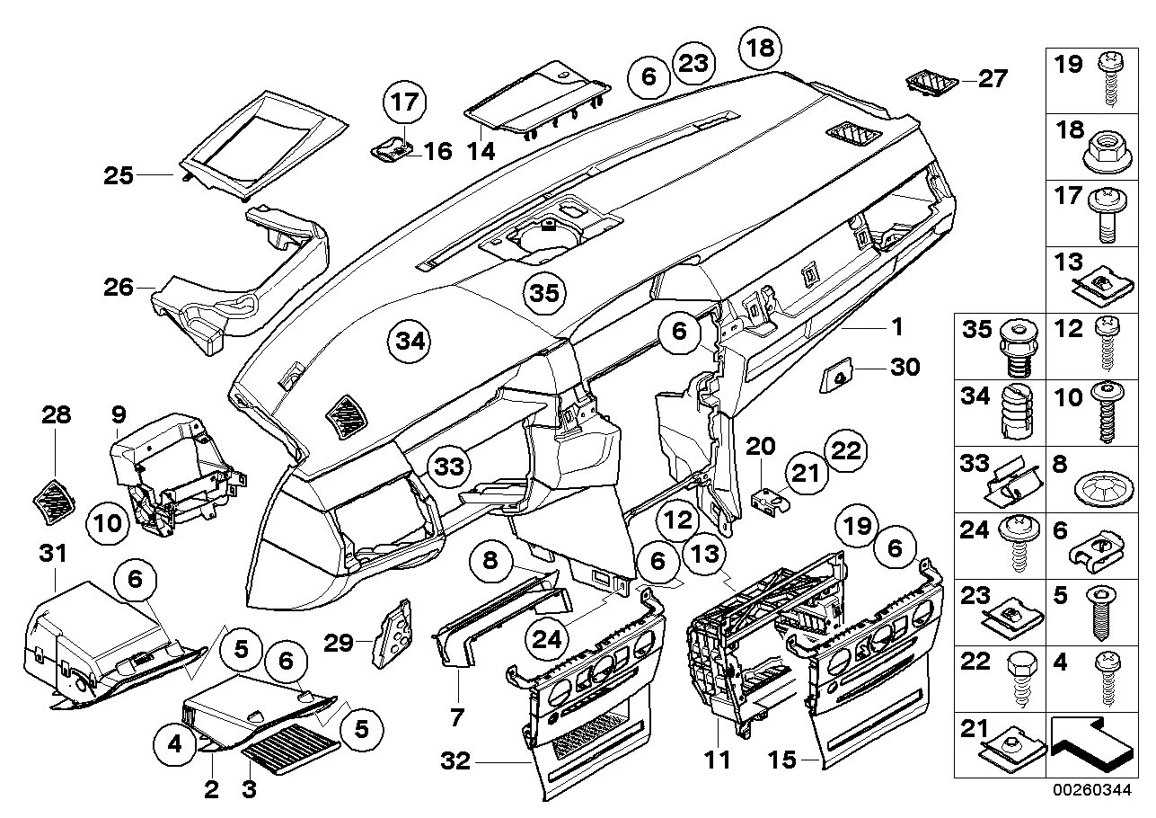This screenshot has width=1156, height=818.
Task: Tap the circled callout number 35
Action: tap(544, 293)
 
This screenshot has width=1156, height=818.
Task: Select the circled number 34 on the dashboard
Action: tap(409, 342)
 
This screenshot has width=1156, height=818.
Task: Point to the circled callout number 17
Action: tap(405, 102)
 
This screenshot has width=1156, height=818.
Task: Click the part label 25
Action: tap(119, 174)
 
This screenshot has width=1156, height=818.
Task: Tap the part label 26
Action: tap(119, 288)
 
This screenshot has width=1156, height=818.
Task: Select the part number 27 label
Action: tap(993, 79)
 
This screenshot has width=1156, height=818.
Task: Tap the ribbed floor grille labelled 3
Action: tap(291, 744)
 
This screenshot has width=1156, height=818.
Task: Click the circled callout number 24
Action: tap(549, 638)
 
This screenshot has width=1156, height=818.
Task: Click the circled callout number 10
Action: tap(107, 523)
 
